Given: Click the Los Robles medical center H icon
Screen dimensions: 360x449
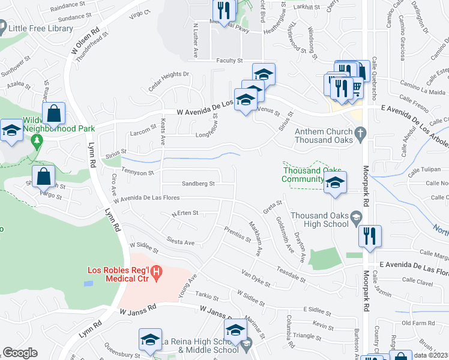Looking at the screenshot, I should [x=156, y=274].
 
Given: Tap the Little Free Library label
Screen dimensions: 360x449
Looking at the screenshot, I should [x=41, y=27].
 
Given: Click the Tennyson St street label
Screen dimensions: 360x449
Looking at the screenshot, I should [x=138, y=172].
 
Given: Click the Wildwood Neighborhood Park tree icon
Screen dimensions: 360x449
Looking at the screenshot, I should [x=37, y=142].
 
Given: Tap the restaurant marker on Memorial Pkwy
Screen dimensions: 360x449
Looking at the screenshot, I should [x=224, y=11].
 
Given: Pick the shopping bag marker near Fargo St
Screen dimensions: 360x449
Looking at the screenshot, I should [x=44, y=176].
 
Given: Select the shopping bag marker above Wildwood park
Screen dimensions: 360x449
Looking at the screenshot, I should [x=53, y=113].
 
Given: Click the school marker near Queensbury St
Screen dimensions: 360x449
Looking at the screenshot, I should [x=150, y=340].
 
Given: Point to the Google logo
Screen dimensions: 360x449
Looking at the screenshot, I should [x=20, y=353].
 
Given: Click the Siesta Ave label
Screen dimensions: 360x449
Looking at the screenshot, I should [x=181, y=242].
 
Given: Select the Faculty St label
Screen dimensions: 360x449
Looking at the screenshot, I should [x=230, y=61].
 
